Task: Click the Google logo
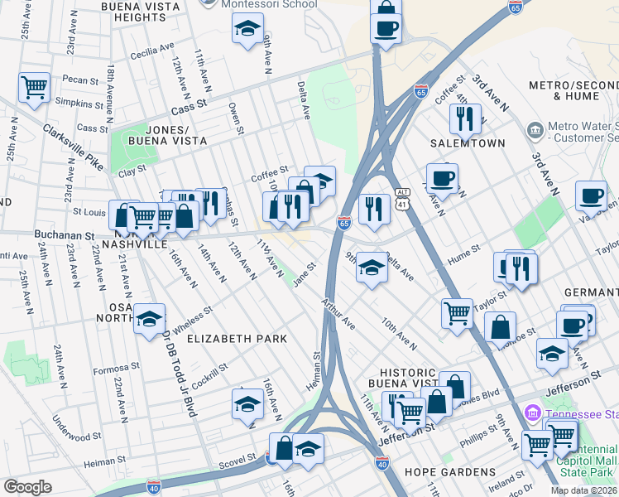(x=27, y=487)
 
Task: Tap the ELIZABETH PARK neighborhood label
(x=237, y=339)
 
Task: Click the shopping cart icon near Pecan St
(x=34, y=86)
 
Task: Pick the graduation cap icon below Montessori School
(x=247, y=31)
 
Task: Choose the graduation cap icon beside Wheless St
(x=149, y=319)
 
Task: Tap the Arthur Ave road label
(x=339, y=313)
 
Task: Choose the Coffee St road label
(x=270, y=175)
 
